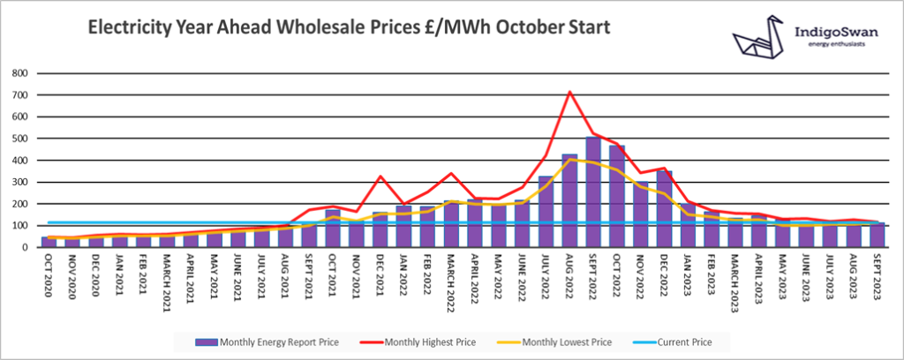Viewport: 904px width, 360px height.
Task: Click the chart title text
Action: pyautogui.click(x=348, y=29)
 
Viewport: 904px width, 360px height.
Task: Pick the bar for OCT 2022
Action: pyautogui.click(x=617, y=197)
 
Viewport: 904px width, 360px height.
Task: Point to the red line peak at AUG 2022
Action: pyautogui.click(x=569, y=92)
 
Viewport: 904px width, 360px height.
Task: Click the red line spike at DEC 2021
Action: pyautogui.click(x=380, y=176)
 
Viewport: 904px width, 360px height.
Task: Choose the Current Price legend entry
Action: pyautogui.click(x=679, y=341)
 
